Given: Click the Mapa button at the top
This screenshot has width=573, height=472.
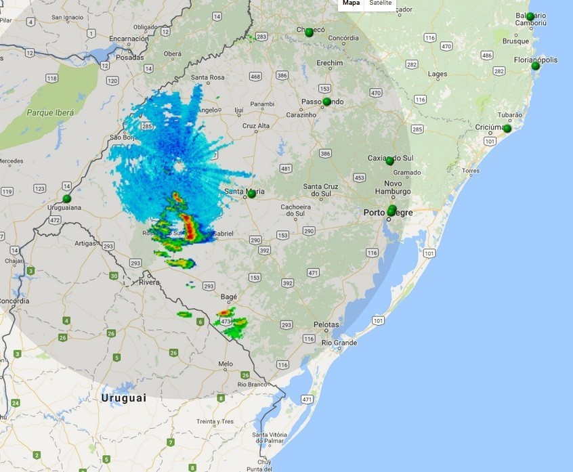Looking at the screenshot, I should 351,3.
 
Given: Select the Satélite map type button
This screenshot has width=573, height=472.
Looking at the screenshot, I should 380,3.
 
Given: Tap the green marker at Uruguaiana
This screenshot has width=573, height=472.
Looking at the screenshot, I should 67,198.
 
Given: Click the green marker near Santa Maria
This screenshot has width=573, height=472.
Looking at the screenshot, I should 251,194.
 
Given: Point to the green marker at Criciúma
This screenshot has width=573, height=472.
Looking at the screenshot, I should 507,129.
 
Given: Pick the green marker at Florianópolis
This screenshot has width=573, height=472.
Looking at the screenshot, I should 536,66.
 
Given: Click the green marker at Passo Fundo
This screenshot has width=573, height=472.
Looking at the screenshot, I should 326,102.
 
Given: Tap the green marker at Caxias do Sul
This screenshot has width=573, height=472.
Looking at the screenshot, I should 389,161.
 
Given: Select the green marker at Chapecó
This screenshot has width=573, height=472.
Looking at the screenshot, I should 309,32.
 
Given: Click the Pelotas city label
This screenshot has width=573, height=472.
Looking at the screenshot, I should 326,325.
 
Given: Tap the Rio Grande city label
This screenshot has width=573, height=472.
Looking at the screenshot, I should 340,343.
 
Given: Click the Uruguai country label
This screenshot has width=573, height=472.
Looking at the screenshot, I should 124,398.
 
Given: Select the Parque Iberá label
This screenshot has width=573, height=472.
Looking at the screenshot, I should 50,112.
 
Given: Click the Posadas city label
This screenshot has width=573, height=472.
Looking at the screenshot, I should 130,58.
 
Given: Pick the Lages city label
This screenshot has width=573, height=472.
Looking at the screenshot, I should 438,74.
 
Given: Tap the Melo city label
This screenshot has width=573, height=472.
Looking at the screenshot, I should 226,364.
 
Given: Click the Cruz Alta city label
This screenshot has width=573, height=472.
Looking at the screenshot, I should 256,126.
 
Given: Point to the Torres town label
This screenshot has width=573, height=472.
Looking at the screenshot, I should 471,171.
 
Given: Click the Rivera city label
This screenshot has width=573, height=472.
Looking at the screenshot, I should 149,282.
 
